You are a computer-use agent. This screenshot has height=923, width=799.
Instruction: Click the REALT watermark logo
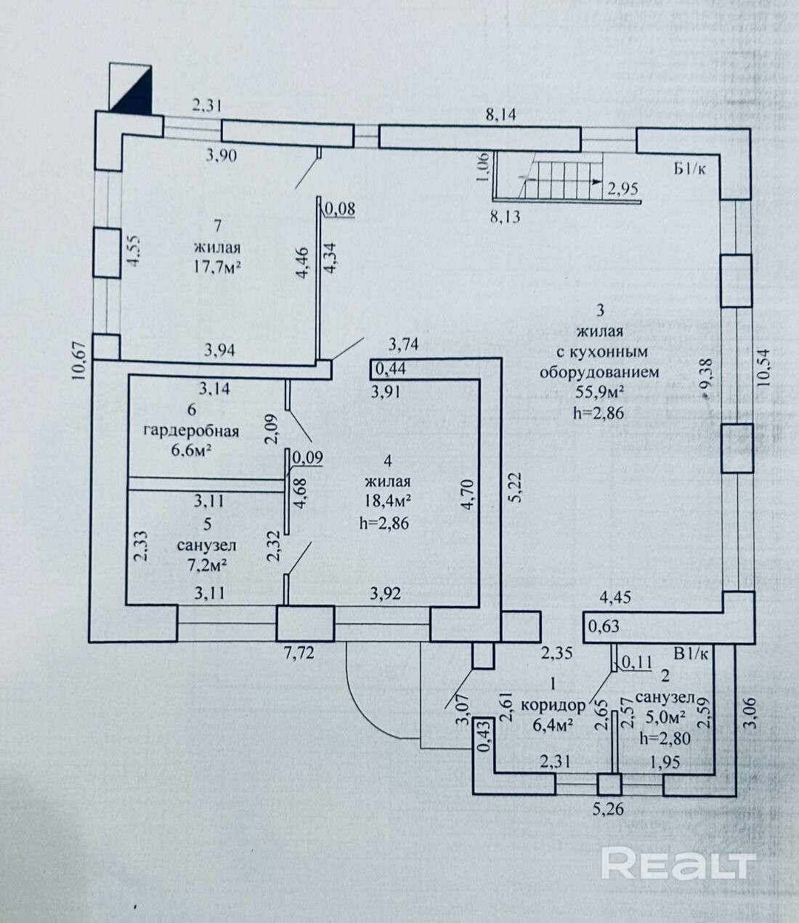click(x=676, y=863)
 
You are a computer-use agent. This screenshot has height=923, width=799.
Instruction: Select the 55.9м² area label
click(x=599, y=392)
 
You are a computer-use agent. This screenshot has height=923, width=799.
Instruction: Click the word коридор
click(x=553, y=705)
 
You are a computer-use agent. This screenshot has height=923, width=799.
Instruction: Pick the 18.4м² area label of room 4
click(x=389, y=501)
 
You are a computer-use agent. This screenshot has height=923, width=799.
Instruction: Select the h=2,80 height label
click(x=664, y=737)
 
